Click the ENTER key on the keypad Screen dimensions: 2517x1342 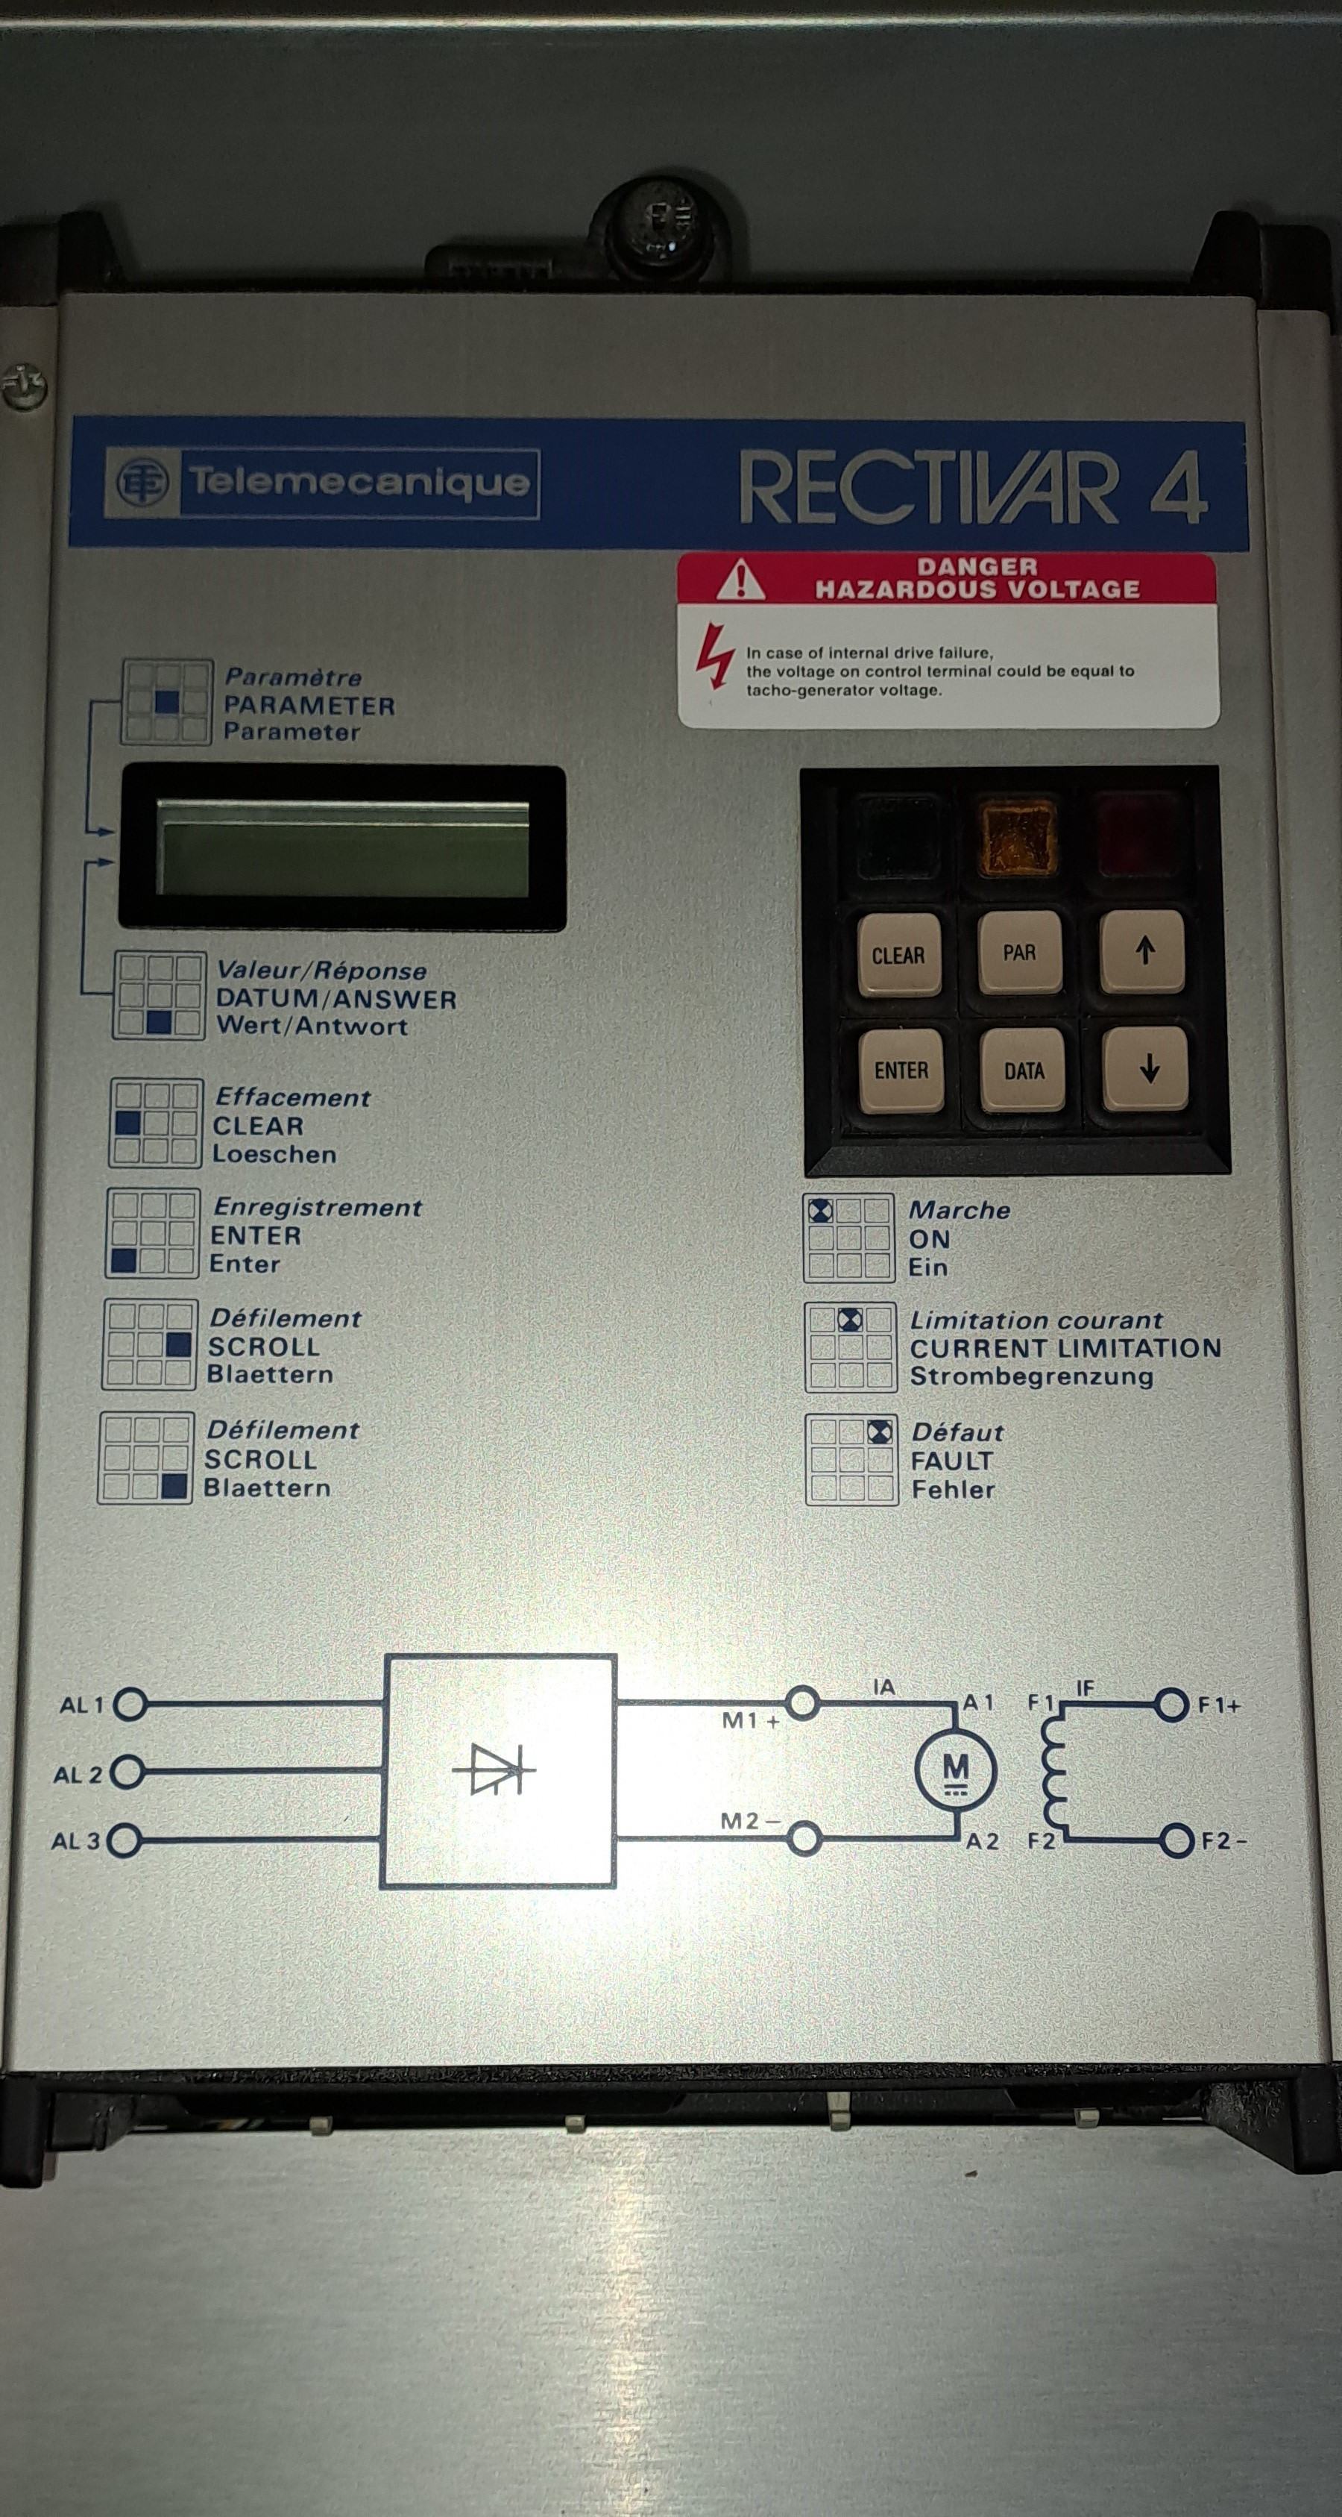tap(901, 1070)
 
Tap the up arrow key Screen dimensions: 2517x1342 tap(1144, 950)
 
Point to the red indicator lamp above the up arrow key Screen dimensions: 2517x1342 tap(1139, 836)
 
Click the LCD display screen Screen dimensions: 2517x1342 tap(343, 847)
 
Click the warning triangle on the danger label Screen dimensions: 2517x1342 tap(740, 580)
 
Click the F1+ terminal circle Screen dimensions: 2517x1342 tap(1171, 1705)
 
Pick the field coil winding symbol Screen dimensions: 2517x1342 tap(1053, 1770)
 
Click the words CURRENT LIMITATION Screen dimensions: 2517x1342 tap(1065, 1349)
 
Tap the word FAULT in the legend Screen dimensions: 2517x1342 tap(951, 1461)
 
